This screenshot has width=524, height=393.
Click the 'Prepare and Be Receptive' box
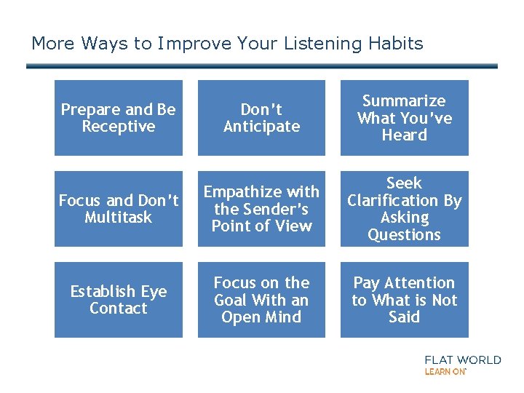pyautogui.click(x=118, y=118)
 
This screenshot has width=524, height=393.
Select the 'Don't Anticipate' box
pyautogui.click(x=261, y=118)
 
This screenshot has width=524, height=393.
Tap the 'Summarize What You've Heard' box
pyautogui.click(x=404, y=118)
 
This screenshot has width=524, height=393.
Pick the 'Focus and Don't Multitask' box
pyautogui.click(x=118, y=209)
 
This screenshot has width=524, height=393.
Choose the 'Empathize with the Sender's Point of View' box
pyautogui.click(x=261, y=209)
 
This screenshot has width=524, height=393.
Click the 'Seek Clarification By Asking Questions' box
pyautogui.click(x=404, y=209)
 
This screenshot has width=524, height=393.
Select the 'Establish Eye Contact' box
pyautogui.click(x=118, y=300)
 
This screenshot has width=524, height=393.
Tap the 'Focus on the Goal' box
pyautogui.click(x=261, y=300)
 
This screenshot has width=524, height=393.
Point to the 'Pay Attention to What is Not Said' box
pyautogui.click(x=404, y=300)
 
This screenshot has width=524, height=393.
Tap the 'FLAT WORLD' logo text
pyautogui.click(x=463, y=360)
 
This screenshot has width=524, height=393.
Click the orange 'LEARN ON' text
pyautogui.click(x=445, y=371)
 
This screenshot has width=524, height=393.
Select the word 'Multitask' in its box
pyautogui.click(x=118, y=218)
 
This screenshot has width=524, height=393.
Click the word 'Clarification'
pyautogui.click(x=404, y=200)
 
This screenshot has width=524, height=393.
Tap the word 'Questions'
pyautogui.click(x=404, y=234)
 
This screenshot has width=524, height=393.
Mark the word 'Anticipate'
pyautogui.click(x=261, y=127)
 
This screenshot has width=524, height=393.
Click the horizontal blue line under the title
pyautogui.click(x=261, y=66)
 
